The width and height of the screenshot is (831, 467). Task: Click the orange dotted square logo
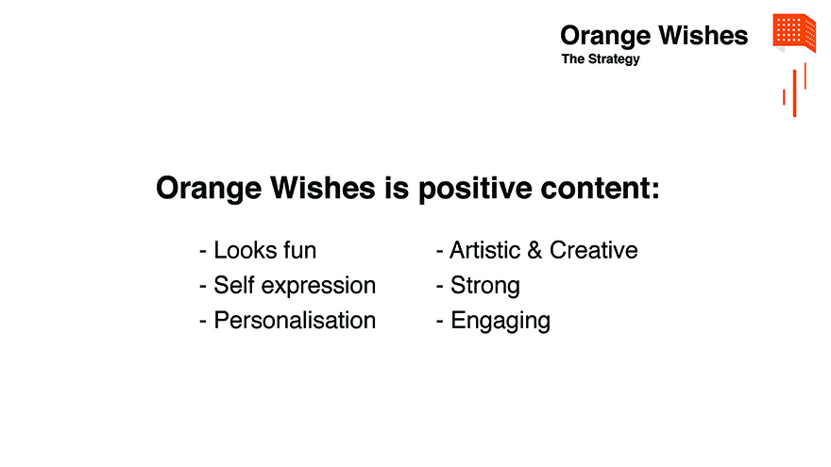click(x=794, y=33)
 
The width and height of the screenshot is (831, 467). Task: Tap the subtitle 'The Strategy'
click(x=601, y=59)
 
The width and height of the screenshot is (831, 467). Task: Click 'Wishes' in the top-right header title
click(x=703, y=36)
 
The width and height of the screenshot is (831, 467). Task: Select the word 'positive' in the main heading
click(x=475, y=189)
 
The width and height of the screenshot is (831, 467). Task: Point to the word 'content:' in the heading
click(x=600, y=188)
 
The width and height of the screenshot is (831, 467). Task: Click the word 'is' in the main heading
click(x=397, y=188)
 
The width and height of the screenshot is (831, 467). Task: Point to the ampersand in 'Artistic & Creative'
click(x=534, y=250)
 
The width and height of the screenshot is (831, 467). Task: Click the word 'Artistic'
click(x=485, y=250)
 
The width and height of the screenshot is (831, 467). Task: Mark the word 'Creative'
click(x=594, y=250)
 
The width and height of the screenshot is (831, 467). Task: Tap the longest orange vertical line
click(x=794, y=93)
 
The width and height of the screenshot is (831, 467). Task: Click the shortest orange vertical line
click(x=784, y=97)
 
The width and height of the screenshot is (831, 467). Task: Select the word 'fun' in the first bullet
click(x=300, y=250)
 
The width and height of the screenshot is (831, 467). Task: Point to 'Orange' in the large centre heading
click(x=209, y=189)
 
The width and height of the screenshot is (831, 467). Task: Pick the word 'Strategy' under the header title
click(x=614, y=59)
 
